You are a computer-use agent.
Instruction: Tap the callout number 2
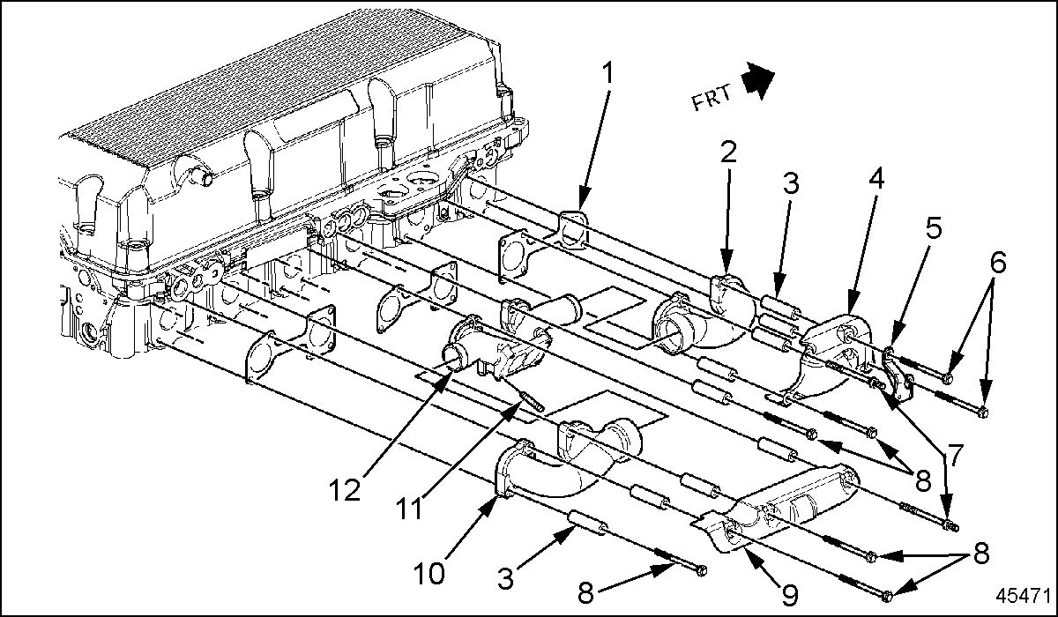click(x=727, y=154)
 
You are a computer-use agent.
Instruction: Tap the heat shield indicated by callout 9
click(x=776, y=519)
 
